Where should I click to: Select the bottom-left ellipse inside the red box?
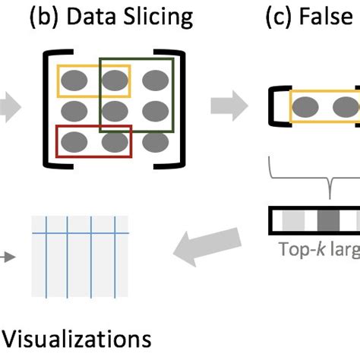(x=74, y=141)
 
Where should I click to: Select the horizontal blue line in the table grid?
(x=79, y=232)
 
